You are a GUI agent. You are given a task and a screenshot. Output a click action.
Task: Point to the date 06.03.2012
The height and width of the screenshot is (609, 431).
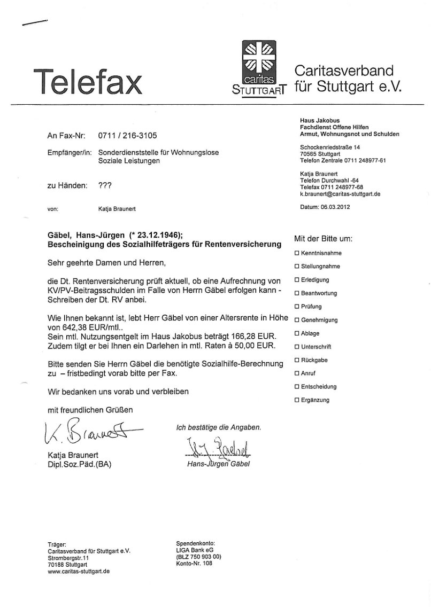336,207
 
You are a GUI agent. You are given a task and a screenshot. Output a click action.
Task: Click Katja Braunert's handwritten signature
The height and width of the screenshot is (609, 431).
88,432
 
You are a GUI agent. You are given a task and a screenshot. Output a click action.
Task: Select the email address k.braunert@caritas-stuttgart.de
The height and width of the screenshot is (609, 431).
340,195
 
